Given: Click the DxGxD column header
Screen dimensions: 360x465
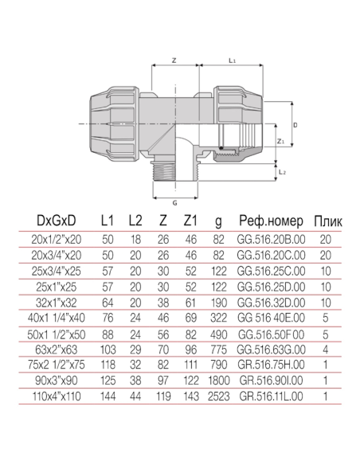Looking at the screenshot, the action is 56,221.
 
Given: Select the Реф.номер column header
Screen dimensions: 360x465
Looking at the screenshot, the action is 271,221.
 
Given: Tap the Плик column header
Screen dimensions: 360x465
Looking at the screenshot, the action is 328,221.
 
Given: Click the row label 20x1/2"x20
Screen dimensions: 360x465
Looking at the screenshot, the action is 56,240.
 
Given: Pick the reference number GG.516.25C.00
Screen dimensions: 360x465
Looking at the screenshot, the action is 271,272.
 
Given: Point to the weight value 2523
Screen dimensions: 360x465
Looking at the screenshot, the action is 219,397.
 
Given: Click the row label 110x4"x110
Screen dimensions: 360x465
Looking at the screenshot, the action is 57,397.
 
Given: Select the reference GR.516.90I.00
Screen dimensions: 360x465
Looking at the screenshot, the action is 271,381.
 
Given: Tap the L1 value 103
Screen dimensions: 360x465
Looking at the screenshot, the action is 108,350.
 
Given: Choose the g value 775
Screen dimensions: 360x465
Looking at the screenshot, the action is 219,350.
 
